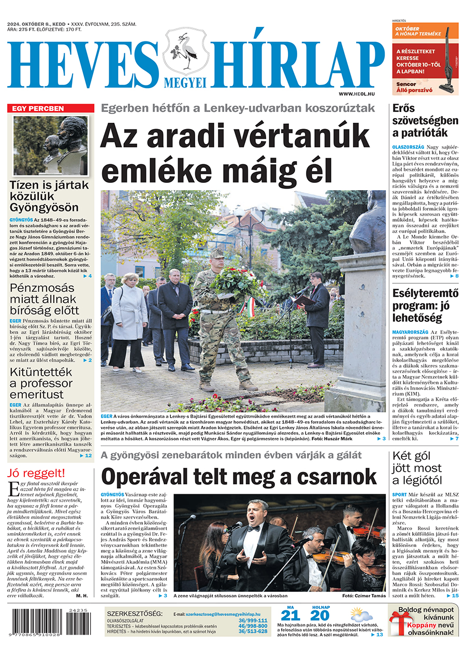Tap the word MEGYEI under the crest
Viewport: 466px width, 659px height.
185,82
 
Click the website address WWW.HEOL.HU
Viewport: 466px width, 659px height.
356,93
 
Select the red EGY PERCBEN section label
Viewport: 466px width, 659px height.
51,108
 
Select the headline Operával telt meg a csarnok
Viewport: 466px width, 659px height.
239,476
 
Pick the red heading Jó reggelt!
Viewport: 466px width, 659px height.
36,473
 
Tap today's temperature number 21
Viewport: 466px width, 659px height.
290,615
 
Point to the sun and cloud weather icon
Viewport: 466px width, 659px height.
360,614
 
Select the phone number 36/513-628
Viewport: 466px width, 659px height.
253,632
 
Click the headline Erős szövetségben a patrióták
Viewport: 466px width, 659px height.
425,120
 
